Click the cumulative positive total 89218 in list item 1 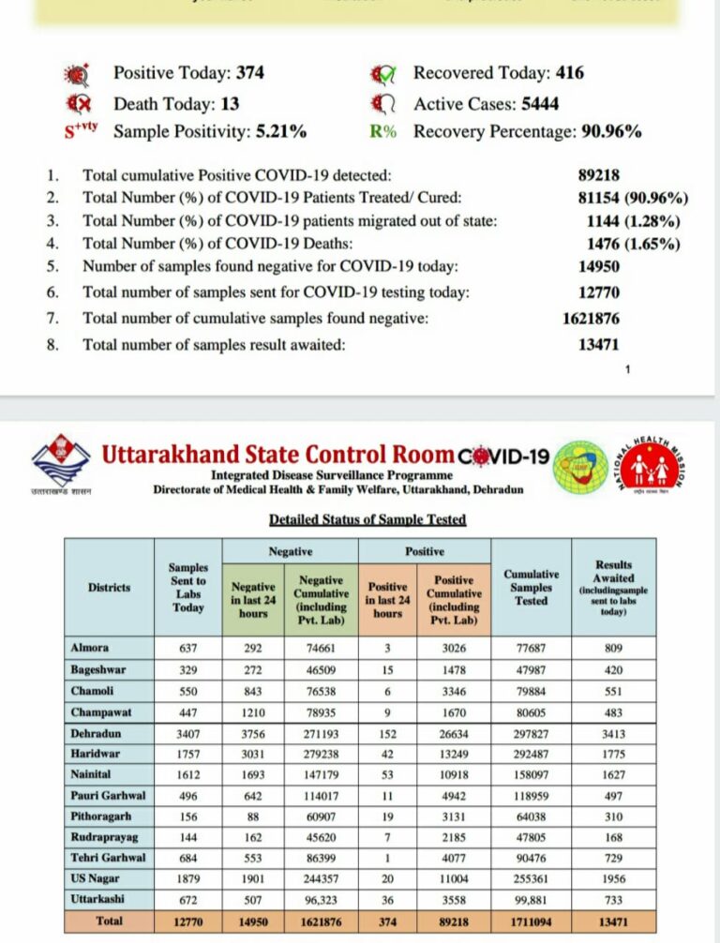pyautogui.click(x=599, y=174)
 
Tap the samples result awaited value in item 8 pyautogui.click(x=599, y=344)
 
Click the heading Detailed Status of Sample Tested pyautogui.click(x=367, y=519)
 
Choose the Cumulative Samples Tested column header pyautogui.click(x=531, y=587)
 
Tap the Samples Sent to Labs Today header pyautogui.click(x=187, y=587)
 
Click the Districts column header pyautogui.click(x=109, y=587)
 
